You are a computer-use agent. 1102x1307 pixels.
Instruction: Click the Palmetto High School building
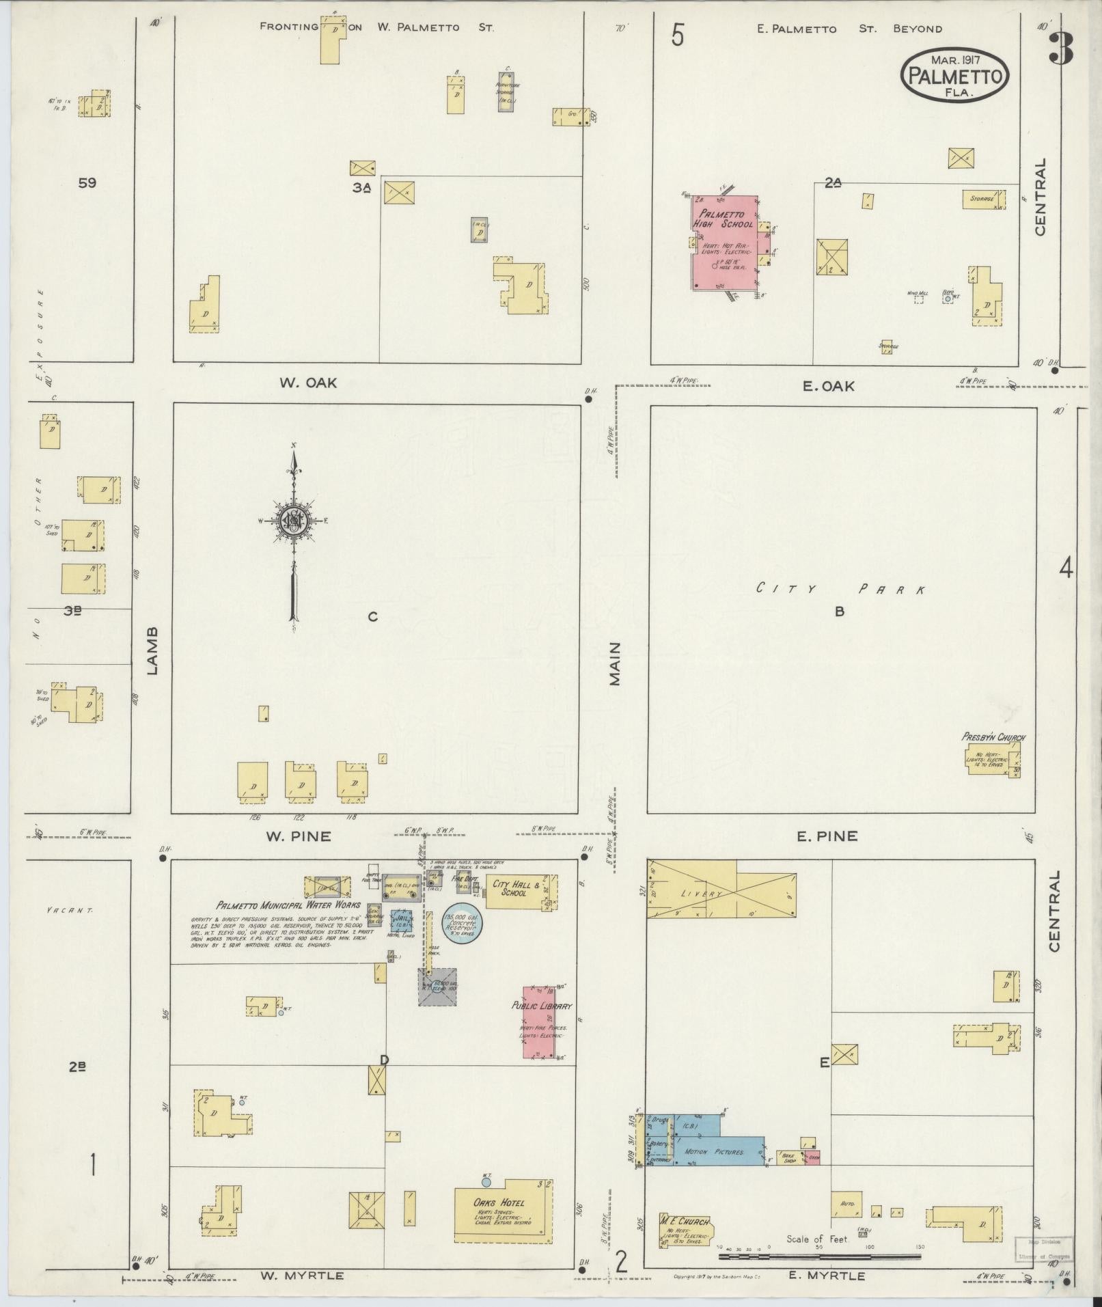click(726, 243)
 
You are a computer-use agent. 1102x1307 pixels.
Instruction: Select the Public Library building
click(539, 1022)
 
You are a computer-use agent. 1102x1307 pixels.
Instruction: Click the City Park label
click(840, 589)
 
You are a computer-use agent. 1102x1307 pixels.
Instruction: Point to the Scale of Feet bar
click(820, 1256)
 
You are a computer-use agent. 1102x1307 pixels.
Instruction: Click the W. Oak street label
click(307, 383)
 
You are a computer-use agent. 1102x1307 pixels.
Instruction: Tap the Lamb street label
click(152, 650)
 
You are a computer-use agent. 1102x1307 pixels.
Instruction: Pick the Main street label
click(615, 663)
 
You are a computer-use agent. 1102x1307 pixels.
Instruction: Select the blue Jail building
click(402, 920)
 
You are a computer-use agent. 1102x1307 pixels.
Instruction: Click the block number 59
click(87, 183)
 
